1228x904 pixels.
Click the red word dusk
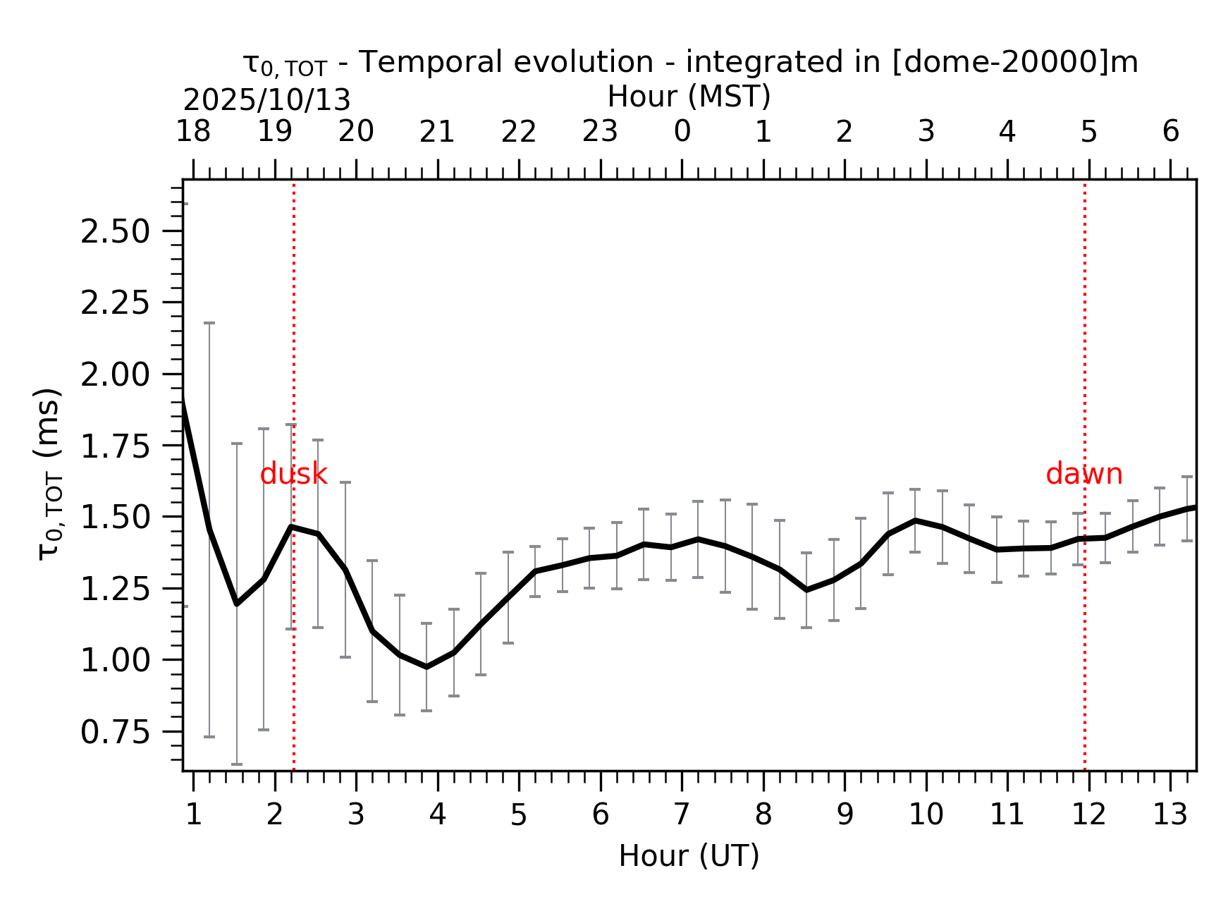tap(293, 475)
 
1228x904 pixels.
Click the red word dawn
tap(1083, 475)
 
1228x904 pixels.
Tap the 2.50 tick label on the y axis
tap(115, 232)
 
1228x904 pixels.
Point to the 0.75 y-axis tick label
tap(115, 733)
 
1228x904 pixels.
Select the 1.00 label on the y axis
tap(115, 661)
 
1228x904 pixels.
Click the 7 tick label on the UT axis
tap(682, 815)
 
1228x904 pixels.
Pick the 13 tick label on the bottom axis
tap(1169, 815)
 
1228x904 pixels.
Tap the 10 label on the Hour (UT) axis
tap(926, 815)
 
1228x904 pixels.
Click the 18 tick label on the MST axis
tap(192, 131)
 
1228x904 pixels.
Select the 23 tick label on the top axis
tap(600, 131)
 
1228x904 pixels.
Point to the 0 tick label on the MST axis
tap(682, 131)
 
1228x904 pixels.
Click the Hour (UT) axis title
tap(689, 856)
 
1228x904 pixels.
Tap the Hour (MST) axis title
tap(689, 97)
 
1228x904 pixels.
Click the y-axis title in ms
tap(49, 474)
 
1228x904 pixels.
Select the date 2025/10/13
tap(266, 101)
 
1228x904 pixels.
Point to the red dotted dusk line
tap(294, 635)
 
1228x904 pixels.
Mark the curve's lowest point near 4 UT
tap(426, 666)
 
